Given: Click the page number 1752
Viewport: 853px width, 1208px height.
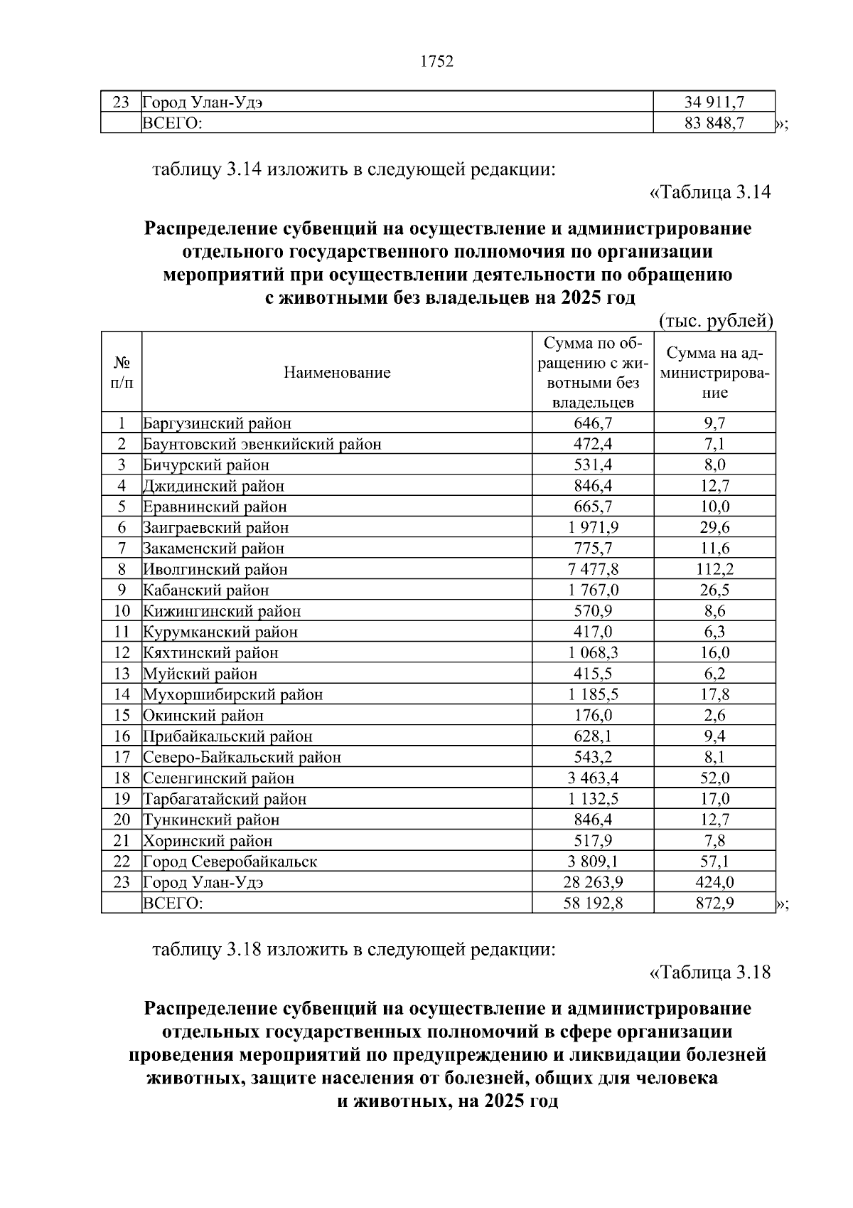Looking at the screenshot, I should pos(436,62).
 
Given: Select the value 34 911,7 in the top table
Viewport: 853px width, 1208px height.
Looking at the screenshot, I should pos(714,102).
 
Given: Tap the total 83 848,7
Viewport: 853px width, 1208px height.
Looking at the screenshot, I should pos(714,123).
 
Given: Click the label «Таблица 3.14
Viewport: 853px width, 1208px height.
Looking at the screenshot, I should pos(710,192).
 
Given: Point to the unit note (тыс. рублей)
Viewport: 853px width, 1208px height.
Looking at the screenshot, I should pos(716,321).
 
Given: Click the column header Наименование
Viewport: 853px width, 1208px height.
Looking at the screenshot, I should pos(337,372).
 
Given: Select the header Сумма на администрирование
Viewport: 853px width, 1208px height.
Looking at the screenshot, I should pos(714,372).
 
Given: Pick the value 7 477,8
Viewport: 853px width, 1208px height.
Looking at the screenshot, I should pos(592,569).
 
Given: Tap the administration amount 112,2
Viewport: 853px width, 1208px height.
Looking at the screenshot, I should pos(714,569).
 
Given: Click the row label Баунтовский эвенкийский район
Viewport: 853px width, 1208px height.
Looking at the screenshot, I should pos(262,445).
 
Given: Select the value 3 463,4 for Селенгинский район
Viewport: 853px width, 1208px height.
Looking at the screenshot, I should pos(592,778).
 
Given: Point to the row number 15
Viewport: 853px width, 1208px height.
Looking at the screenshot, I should pos(122,716).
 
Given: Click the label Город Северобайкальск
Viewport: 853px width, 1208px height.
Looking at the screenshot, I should pos(230,862).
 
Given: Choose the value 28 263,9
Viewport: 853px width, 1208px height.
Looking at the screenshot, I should pos(592,882).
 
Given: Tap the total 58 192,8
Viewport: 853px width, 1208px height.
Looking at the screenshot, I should pos(592,904).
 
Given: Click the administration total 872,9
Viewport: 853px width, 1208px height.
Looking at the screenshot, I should pos(714,904).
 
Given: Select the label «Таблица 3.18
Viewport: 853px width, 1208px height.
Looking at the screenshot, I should pos(710,972).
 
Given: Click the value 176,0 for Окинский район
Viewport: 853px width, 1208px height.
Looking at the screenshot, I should pos(592,716).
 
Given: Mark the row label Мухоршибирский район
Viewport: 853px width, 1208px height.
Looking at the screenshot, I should pos(233,694).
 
